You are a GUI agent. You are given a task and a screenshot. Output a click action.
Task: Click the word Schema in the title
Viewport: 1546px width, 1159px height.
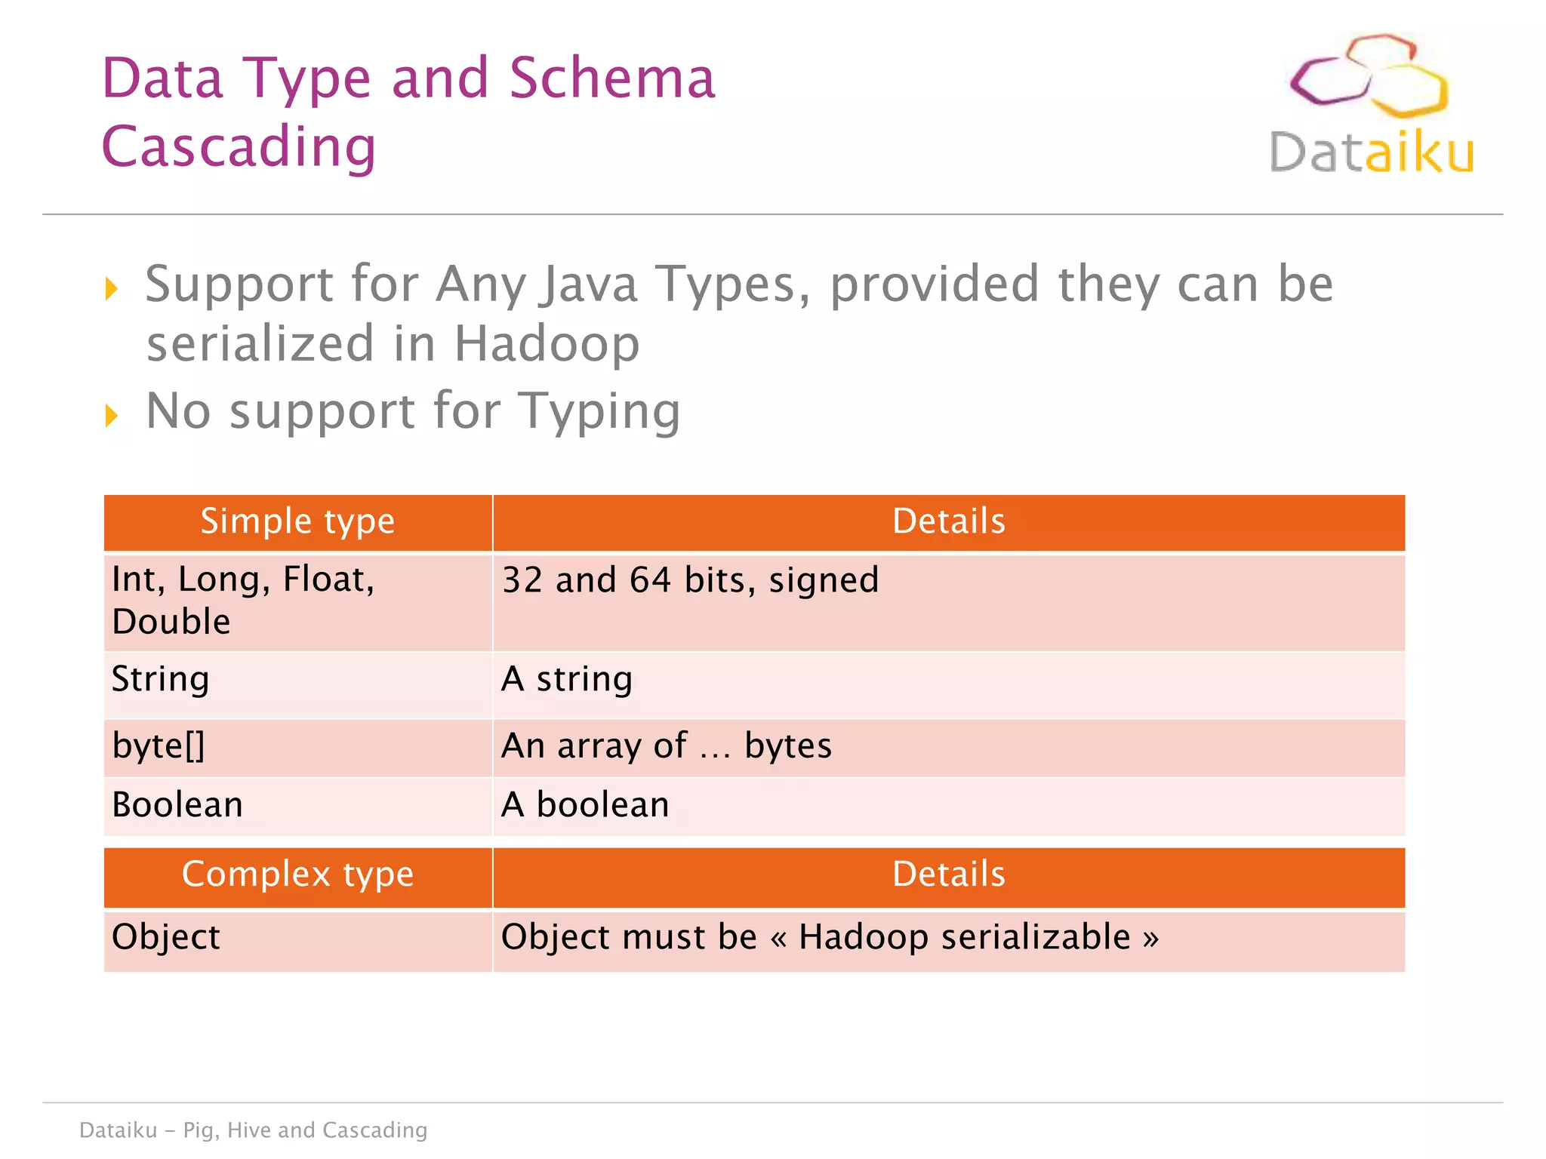point(611,78)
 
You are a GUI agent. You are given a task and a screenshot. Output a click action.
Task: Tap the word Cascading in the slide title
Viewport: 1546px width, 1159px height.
point(239,146)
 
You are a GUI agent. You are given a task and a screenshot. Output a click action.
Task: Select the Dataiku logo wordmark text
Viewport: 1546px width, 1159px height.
point(1371,153)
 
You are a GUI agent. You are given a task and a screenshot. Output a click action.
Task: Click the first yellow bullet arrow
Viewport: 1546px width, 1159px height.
point(112,288)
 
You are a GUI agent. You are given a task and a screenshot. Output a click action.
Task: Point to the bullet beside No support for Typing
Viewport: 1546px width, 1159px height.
point(112,415)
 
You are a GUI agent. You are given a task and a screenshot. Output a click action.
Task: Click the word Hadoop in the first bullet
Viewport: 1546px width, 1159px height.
point(547,344)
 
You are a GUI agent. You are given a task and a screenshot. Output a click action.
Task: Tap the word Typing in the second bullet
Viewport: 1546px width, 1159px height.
point(601,412)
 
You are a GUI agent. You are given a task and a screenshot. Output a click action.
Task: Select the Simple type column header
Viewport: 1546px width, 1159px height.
point(297,521)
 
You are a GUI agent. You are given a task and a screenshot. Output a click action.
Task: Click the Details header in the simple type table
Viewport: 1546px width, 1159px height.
point(948,521)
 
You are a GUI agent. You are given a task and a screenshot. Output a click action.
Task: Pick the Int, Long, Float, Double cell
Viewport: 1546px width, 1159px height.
point(243,601)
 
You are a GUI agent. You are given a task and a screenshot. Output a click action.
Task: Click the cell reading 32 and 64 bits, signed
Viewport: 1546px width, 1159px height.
point(690,580)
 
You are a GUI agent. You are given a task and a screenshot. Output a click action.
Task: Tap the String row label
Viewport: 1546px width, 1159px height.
point(160,678)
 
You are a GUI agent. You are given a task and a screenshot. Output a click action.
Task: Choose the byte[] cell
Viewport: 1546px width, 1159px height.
point(159,746)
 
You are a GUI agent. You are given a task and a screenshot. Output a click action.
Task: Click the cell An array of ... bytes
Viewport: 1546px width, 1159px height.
point(666,746)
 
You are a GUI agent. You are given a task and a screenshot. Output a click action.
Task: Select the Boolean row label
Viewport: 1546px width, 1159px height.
point(177,804)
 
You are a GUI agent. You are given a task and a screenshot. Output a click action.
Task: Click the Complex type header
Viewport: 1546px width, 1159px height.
point(297,875)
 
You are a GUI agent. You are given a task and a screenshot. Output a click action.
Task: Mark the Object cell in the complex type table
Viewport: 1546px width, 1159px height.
point(166,937)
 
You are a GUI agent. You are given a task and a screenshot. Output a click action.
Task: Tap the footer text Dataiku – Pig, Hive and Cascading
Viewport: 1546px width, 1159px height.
point(254,1130)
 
